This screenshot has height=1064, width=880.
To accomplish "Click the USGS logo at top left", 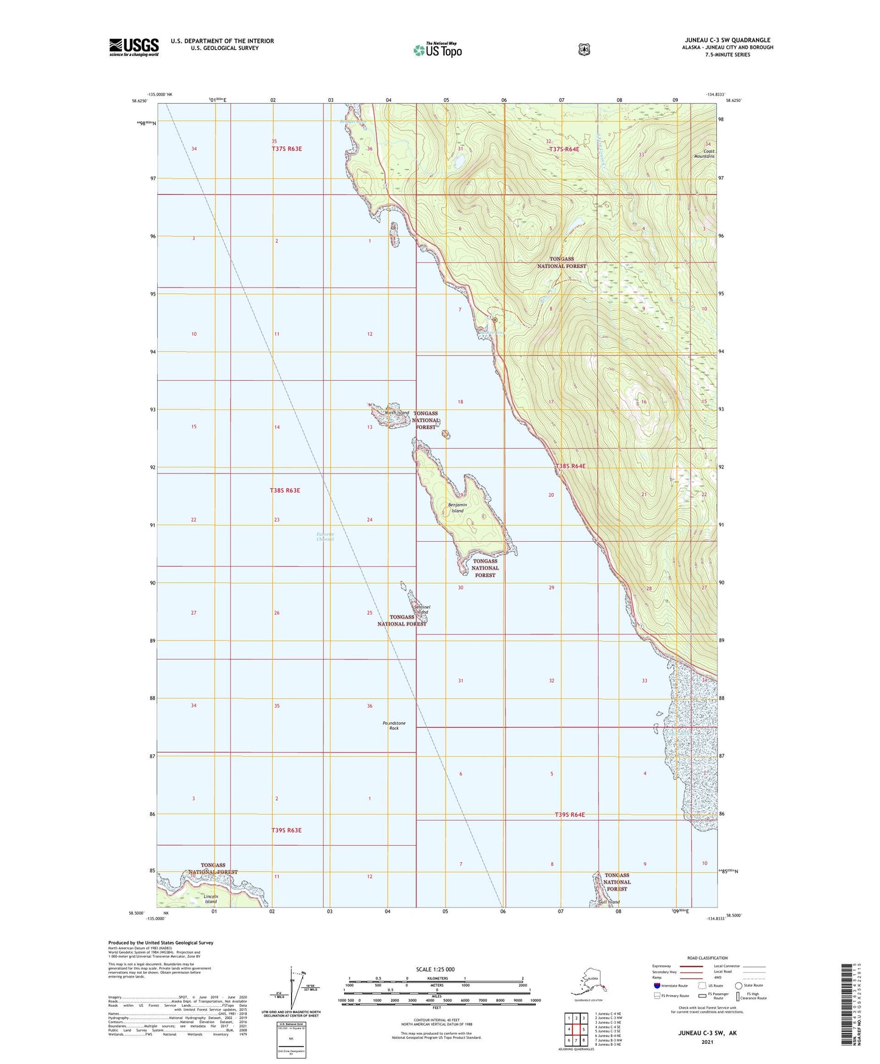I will coord(133,47).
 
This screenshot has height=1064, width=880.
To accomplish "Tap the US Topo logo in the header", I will coord(437,49).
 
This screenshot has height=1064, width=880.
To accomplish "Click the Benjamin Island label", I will coord(457,508).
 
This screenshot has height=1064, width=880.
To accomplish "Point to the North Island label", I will coord(396,413).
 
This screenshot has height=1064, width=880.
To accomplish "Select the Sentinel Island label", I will coord(421,609).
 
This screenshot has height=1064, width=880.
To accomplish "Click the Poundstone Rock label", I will coord(393,725).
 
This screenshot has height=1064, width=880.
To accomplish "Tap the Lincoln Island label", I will coord(211,899).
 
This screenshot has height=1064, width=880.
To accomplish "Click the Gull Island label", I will coord(609,902).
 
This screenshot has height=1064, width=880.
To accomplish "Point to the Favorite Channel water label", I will coord(325,536).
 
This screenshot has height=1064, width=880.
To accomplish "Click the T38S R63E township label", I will coord(285,491).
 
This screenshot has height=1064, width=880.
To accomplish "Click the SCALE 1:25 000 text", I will coord(435,969).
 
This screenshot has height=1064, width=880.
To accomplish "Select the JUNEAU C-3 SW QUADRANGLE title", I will coord(728,40).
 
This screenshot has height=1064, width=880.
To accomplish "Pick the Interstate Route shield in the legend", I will coord(656,985).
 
